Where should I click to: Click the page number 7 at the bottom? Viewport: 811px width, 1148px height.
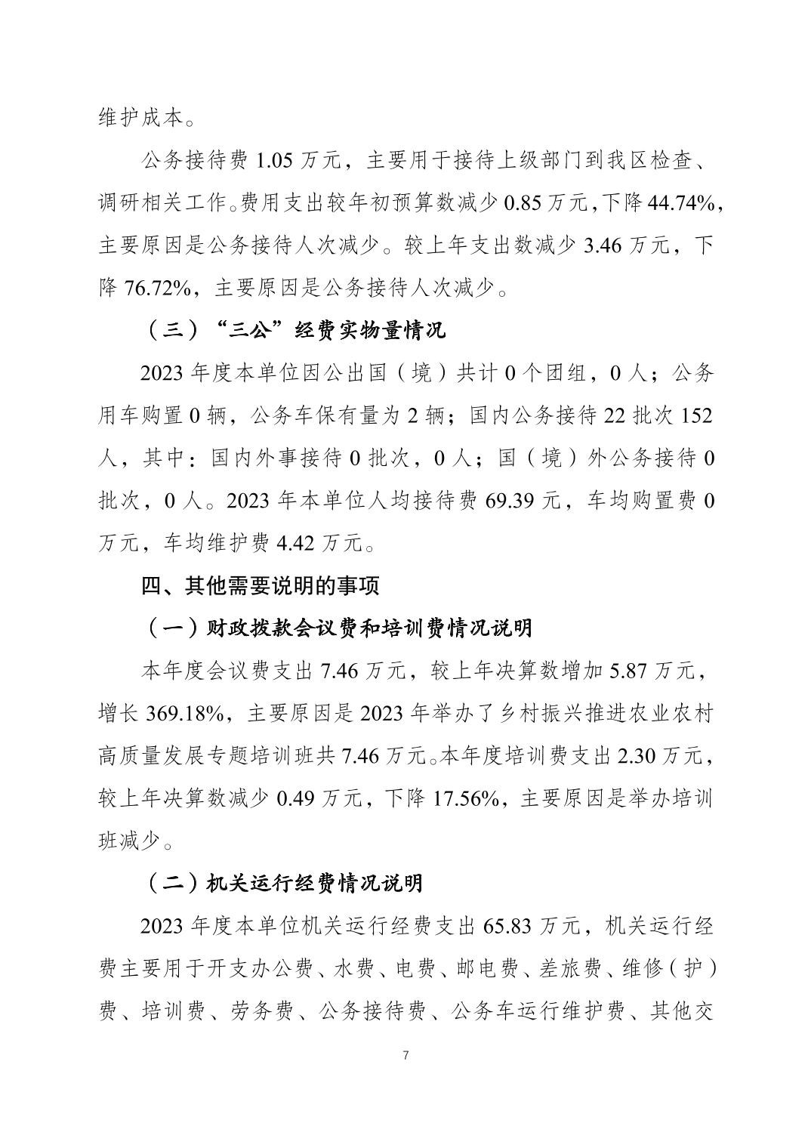(406, 1055)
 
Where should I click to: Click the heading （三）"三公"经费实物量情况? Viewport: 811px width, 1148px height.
(296, 330)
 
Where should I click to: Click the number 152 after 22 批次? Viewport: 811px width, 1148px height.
(697, 415)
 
